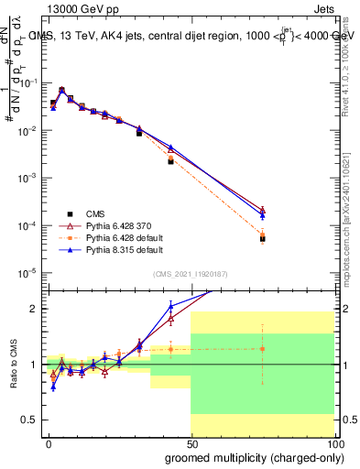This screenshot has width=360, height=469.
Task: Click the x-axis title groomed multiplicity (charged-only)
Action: [x=253, y=457]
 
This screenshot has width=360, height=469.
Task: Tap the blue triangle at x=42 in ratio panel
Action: [x=170, y=307]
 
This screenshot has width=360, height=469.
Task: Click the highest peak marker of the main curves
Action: [x=61, y=90]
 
